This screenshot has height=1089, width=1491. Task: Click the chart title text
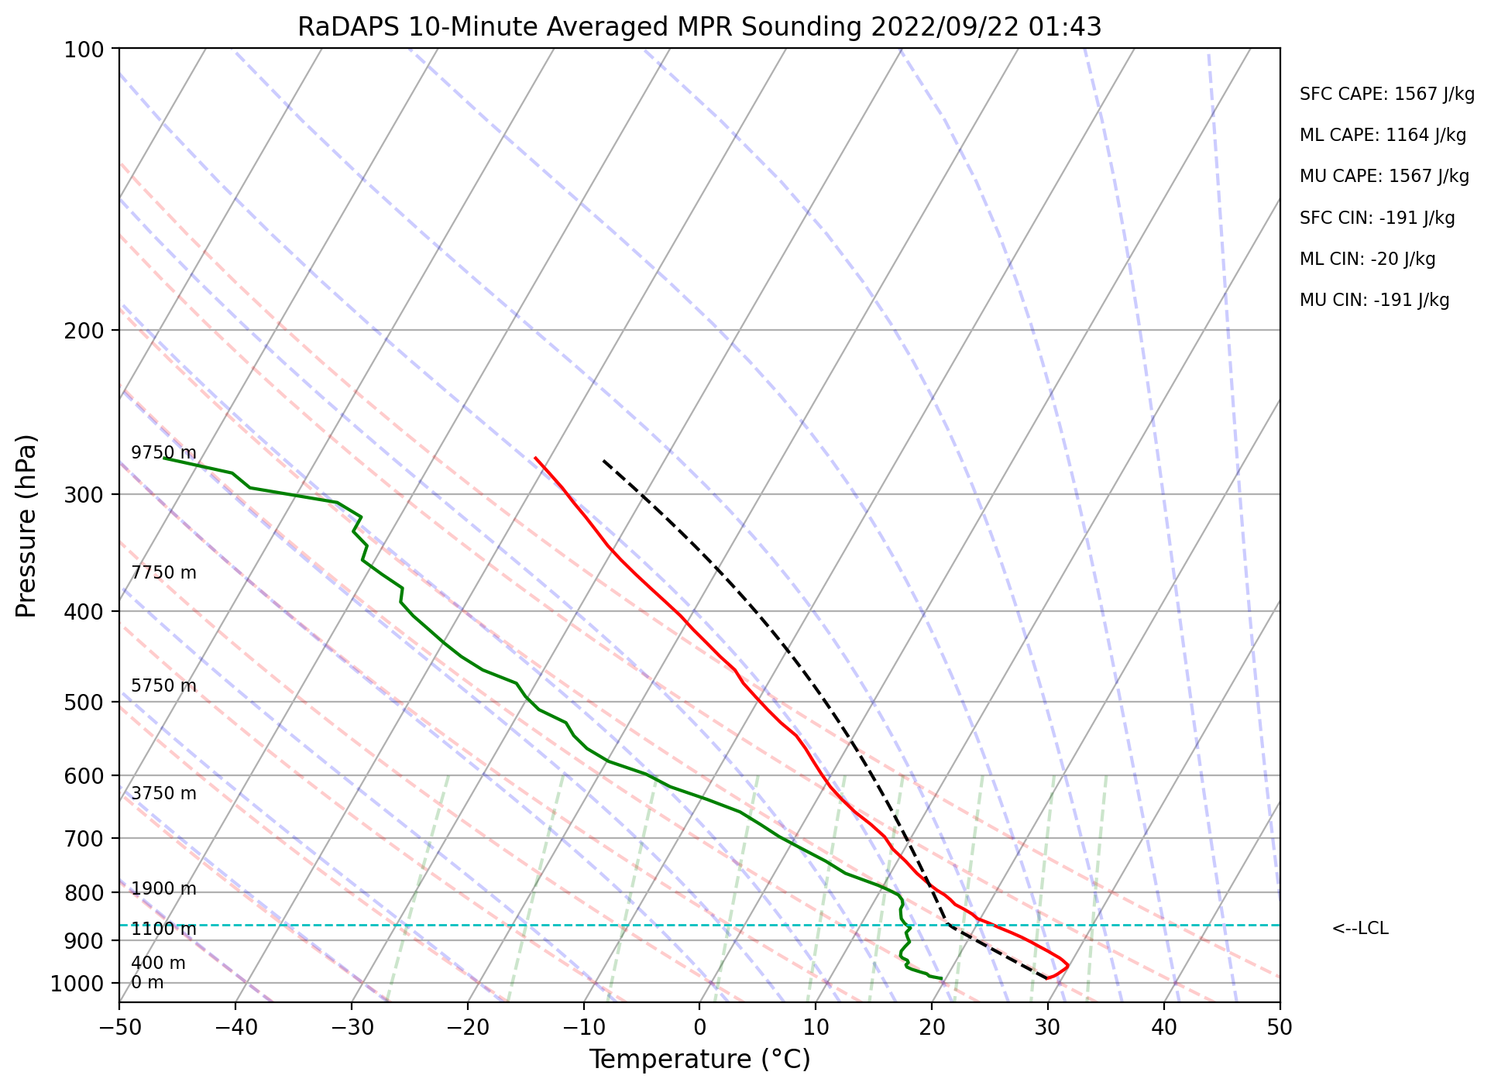(x=699, y=27)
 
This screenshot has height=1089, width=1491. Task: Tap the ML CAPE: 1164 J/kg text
(x=1383, y=136)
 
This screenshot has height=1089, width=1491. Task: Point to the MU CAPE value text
(x=1384, y=177)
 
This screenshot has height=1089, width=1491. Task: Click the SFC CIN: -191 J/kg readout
(x=1377, y=218)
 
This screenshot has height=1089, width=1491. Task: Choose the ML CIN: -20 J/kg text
(x=1367, y=259)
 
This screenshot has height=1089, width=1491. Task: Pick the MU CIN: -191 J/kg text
(x=1374, y=301)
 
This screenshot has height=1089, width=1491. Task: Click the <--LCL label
(x=1359, y=929)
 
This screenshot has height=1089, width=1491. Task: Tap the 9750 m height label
(x=163, y=453)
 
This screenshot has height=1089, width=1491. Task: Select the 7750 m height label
(x=163, y=573)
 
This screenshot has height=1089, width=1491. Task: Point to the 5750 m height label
(x=163, y=686)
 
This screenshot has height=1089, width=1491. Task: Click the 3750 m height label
(x=163, y=794)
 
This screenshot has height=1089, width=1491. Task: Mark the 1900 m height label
(x=163, y=889)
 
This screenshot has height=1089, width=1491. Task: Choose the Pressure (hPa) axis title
(x=26, y=526)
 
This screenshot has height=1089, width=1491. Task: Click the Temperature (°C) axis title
(x=699, y=1060)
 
